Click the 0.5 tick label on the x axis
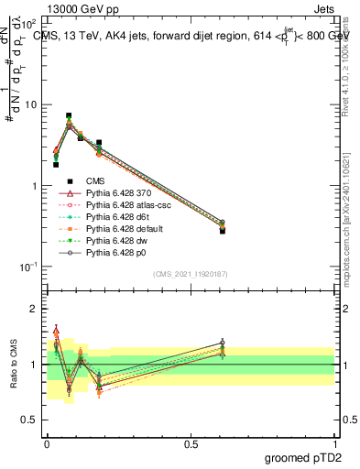(191, 442)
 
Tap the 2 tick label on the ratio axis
(34, 309)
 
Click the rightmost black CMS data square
(223, 231)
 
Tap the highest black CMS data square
(69, 116)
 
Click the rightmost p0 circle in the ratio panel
(223, 343)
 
